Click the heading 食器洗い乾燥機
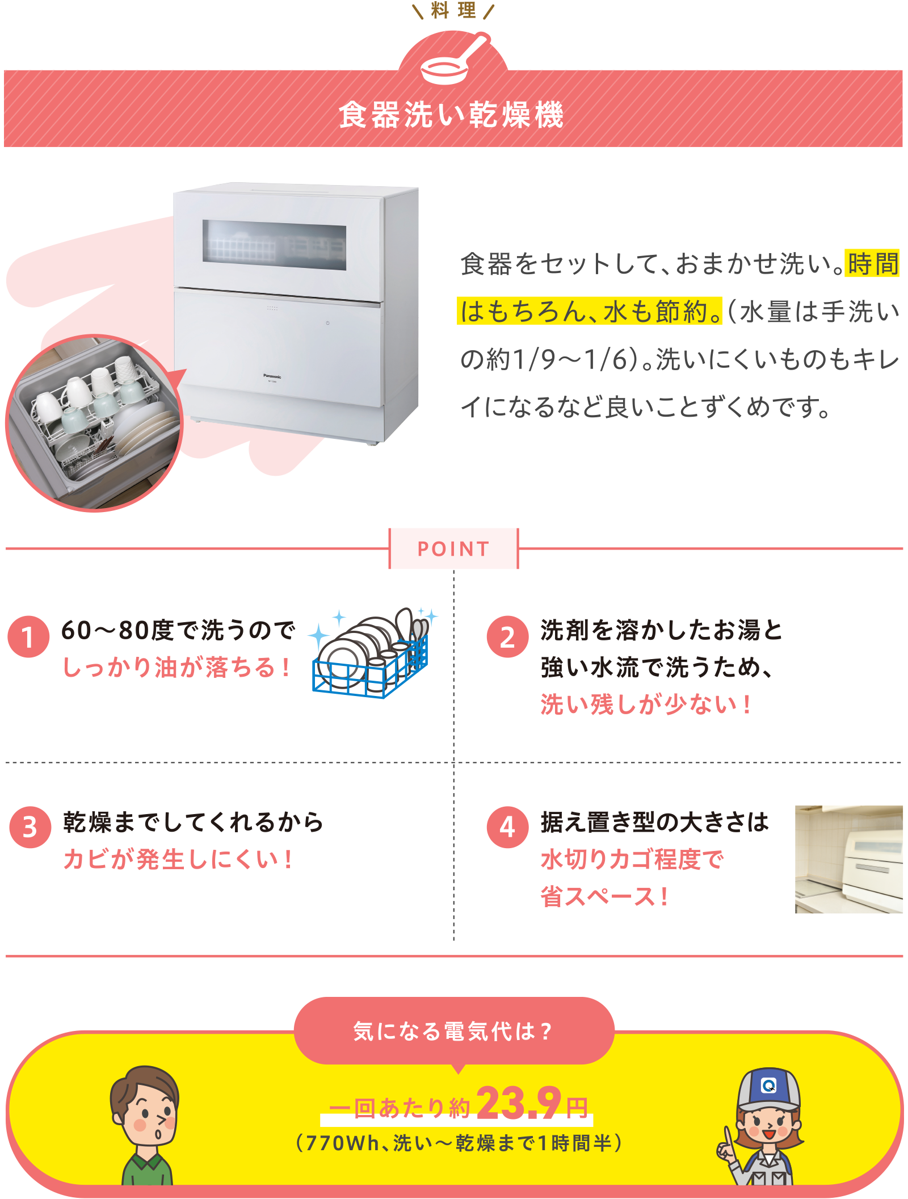pyautogui.click(x=452, y=115)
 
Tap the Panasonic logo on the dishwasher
pyautogui.click(x=272, y=376)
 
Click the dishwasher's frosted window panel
pyautogui.click(x=275, y=245)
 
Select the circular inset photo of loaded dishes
pyautogui.click(x=94, y=422)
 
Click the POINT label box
pyautogui.click(x=453, y=548)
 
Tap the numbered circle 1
pyautogui.click(x=28, y=636)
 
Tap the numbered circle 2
pyautogui.click(x=507, y=636)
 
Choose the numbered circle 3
pyautogui.click(x=30, y=827)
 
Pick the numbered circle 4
pyautogui.click(x=507, y=827)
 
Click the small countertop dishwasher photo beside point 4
pyautogui.click(x=848, y=858)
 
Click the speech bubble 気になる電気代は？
pyautogui.click(x=453, y=1030)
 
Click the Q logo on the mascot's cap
pyautogui.click(x=768, y=1085)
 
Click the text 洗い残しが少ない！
pyautogui.click(x=646, y=705)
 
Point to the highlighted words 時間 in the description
pyautogui.click(x=872, y=264)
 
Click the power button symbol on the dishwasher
pyautogui.click(x=327, y=323)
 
